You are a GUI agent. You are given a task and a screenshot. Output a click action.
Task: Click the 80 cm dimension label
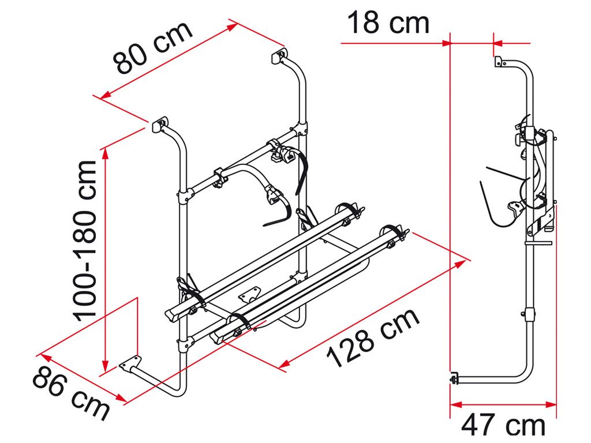coord(152,48)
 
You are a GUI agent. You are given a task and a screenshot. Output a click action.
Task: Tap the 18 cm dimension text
coord(388,22)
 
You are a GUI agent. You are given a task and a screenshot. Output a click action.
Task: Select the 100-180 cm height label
coord(85,241)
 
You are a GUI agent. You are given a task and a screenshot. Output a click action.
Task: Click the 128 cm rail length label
coord(373,338)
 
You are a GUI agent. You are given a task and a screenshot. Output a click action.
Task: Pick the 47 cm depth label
coord(503,425)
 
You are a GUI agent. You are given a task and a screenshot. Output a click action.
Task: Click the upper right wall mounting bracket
coord(279,55)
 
